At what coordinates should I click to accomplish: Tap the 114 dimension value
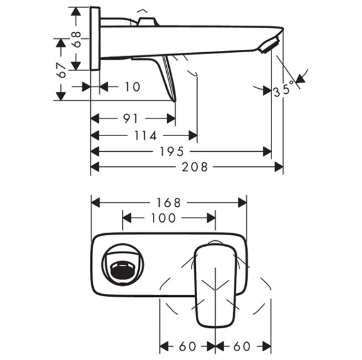pos(145,136)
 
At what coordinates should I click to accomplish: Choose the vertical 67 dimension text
pos(61,70)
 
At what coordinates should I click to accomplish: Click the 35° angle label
pos(283,90)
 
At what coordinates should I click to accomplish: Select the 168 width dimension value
pos(169,202)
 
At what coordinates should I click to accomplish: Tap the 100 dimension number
pos(163,218)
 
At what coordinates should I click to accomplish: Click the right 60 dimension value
pos(243,346)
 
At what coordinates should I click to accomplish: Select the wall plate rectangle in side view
pos(95,39)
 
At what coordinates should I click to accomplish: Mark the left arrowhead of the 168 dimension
pos(95,202)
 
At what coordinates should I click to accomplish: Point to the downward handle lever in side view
pos(169,77)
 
